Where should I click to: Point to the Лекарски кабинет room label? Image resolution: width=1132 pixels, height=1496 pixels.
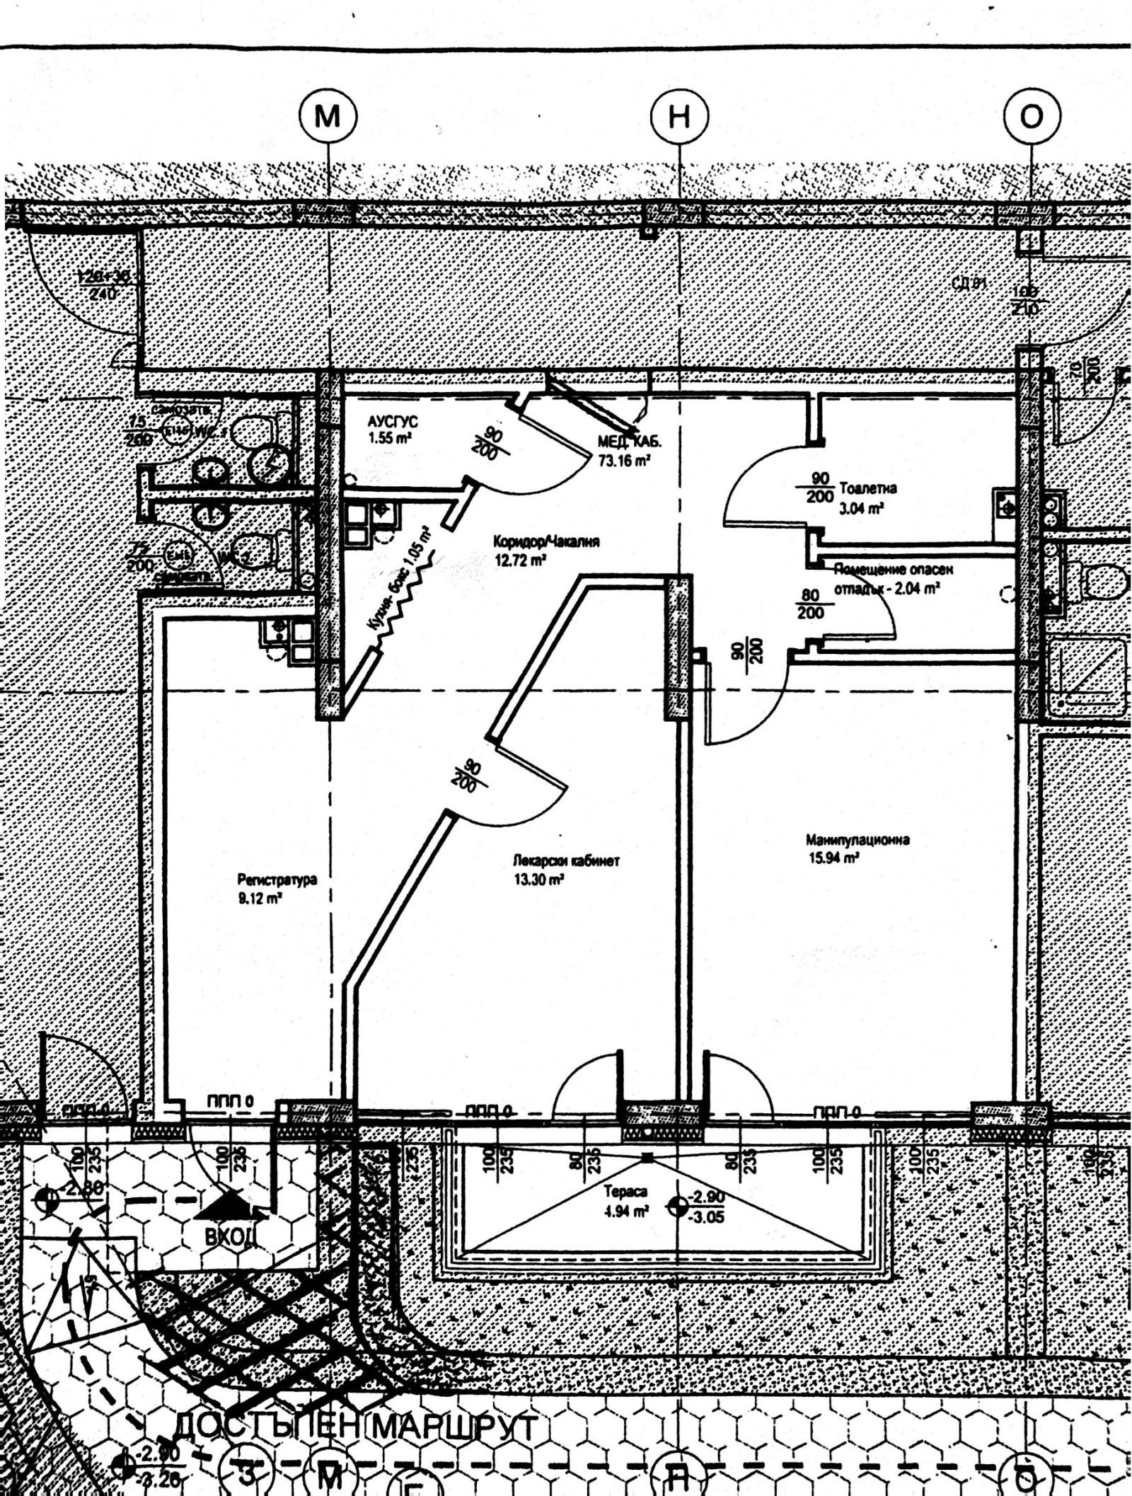click(x=567, y=861)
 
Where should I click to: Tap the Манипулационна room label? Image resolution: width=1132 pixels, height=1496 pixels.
click(x=857, y=840)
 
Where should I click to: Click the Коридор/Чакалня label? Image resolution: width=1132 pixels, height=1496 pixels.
click(x=546, y=542)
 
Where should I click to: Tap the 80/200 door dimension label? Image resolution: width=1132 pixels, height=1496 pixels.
click(x=811, y=604)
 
